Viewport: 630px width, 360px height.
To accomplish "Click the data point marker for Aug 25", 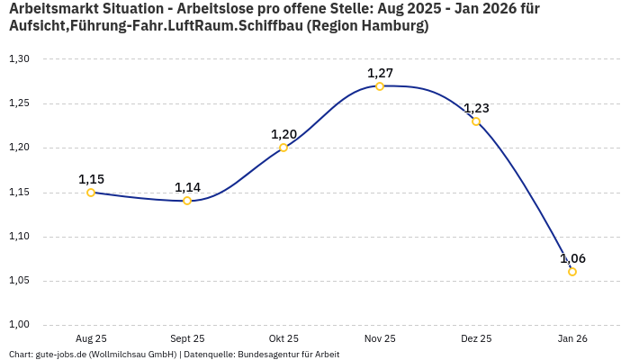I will (91, 193).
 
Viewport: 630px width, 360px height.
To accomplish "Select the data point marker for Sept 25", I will (187, 201).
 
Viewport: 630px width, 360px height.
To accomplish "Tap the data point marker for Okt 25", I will (283, 148).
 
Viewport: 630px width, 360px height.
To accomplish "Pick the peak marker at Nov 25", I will (380, 86).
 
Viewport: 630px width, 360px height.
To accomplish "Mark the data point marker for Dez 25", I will (476, 121).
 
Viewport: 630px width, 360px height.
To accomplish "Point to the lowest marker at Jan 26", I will (572, 272).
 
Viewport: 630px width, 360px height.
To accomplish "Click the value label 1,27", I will (380, 73).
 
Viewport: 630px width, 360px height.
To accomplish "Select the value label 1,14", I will (187, 187).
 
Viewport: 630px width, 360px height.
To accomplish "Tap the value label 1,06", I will (572, 258).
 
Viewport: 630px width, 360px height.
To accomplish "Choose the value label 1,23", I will (476, 108).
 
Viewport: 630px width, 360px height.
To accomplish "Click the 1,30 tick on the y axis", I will (19, 59).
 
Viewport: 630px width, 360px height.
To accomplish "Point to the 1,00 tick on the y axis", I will (19, 325).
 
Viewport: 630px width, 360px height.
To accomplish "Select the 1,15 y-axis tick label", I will (19, 193).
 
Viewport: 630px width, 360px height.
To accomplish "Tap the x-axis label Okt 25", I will (283, 338).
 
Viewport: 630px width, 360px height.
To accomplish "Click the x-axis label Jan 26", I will (572, 338).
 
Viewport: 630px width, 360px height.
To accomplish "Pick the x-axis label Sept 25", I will (187, 338).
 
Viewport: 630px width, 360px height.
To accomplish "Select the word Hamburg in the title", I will (391, 26).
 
